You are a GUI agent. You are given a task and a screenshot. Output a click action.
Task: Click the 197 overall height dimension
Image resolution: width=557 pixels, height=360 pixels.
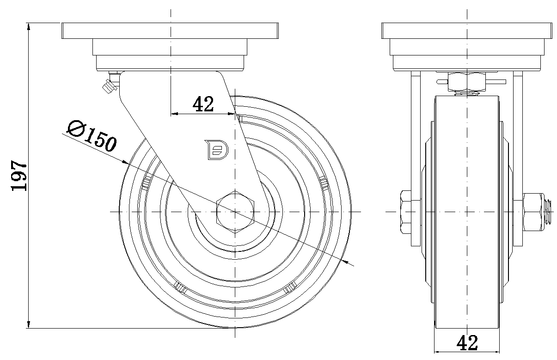click(18, 176)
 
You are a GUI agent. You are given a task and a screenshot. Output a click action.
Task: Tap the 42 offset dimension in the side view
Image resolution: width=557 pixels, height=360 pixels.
click(203, 104)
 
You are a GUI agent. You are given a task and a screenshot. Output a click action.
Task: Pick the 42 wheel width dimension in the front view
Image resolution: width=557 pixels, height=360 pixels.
click(467, 343)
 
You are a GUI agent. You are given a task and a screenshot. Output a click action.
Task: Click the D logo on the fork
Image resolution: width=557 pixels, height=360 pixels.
click(216, 150)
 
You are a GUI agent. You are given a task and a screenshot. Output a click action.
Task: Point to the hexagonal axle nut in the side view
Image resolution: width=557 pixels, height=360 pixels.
click(235, 212)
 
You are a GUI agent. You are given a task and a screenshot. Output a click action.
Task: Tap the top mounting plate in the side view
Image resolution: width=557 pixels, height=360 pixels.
click(170, 31)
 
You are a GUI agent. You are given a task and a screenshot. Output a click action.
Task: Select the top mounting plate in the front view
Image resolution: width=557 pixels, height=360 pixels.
click(467, 31)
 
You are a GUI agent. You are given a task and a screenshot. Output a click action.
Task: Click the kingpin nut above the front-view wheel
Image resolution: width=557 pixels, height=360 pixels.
click(467, 82)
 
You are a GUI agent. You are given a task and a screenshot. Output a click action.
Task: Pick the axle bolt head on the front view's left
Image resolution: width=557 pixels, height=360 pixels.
click(406, 212)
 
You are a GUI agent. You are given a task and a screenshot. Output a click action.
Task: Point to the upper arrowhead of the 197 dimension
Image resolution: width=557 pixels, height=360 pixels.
click(29, 27)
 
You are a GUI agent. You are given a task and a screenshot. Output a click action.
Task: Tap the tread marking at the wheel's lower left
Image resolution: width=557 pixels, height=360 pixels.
click(180, 287)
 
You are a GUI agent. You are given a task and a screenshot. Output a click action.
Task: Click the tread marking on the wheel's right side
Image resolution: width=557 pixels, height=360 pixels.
click(324, 183)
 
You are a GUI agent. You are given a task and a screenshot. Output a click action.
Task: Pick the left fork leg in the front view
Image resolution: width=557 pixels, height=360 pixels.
click(416, 159)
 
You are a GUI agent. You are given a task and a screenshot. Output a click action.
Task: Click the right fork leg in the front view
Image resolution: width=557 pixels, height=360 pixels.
click(518, 159)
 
